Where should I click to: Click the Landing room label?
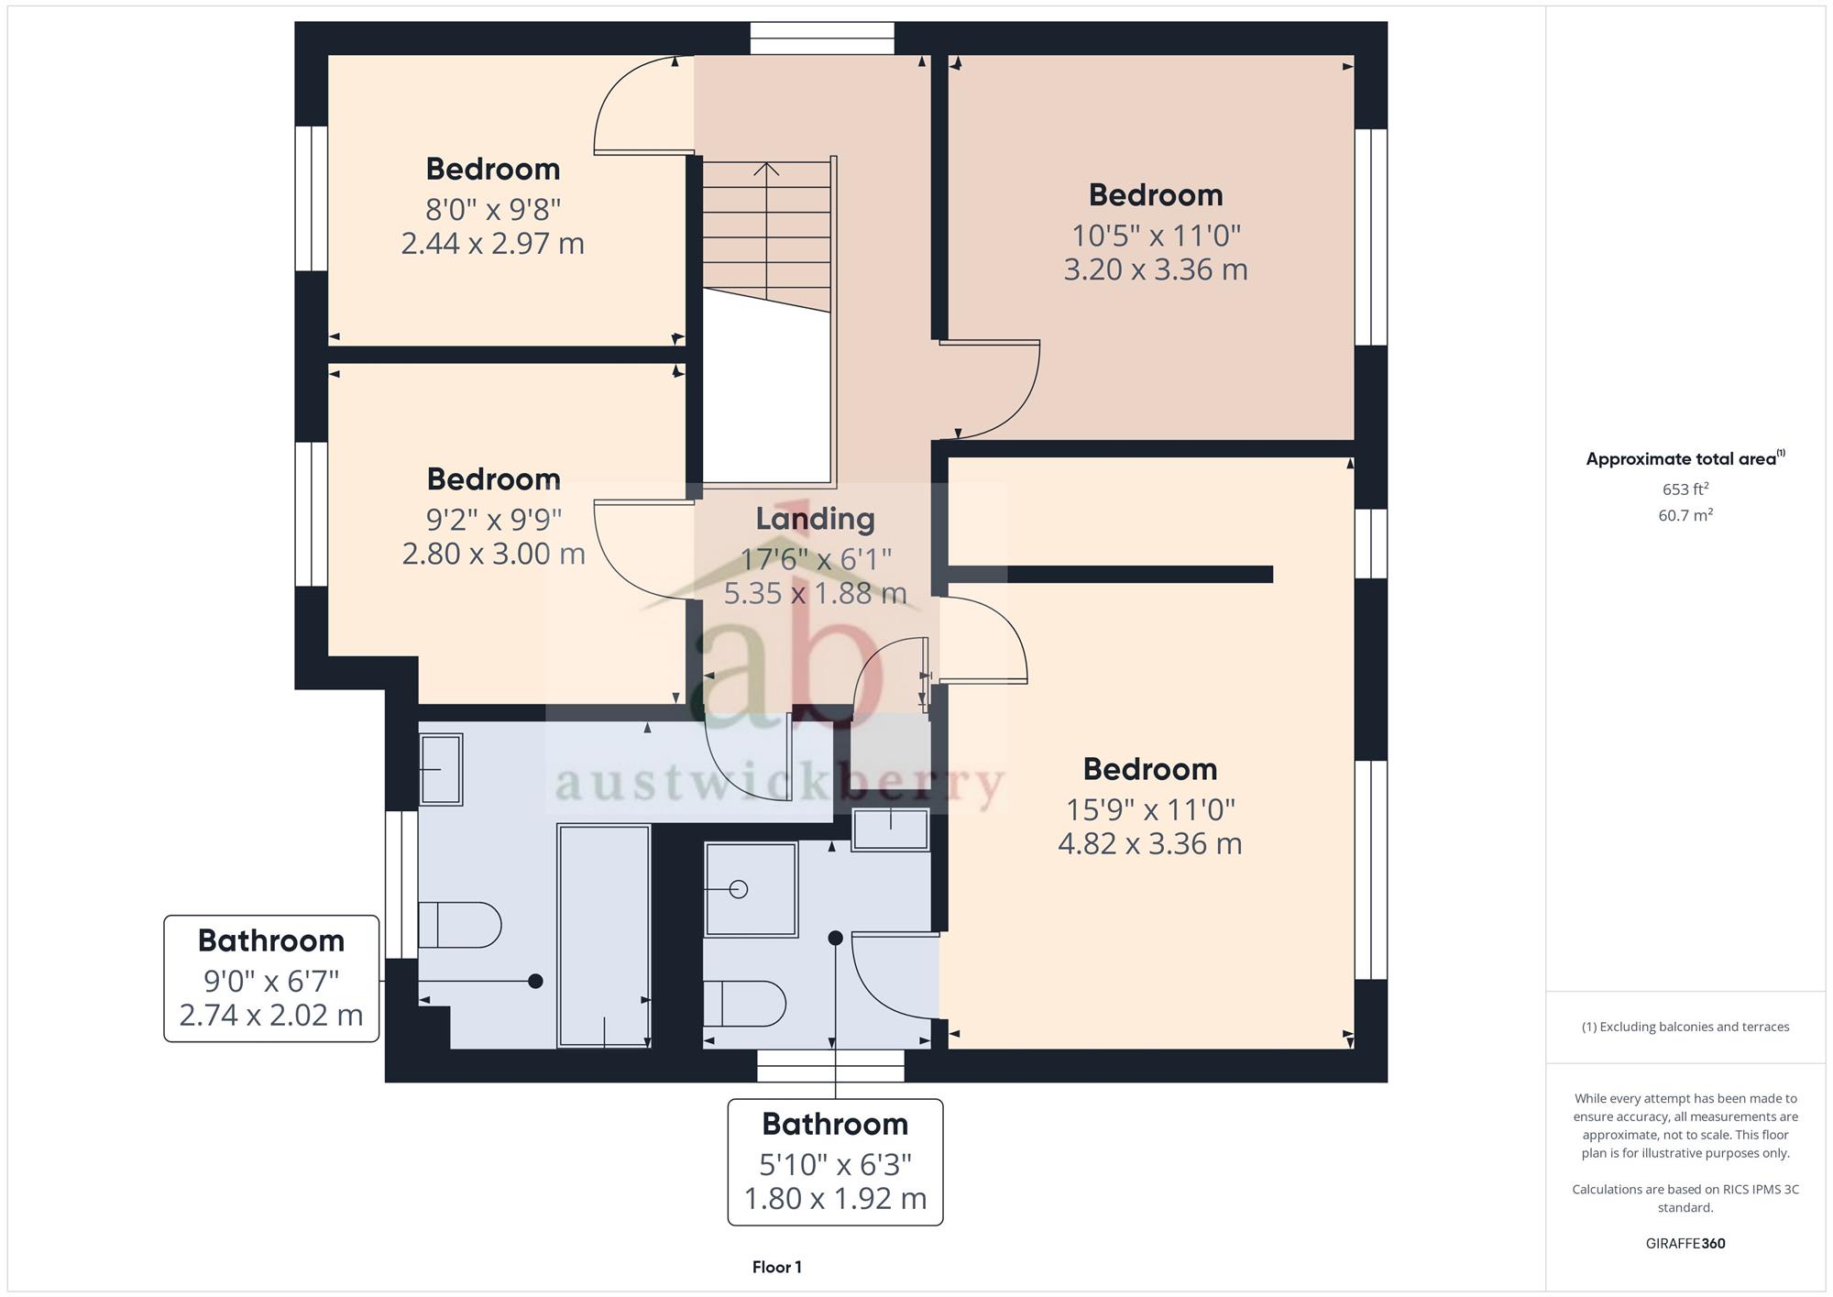tap(815, 519)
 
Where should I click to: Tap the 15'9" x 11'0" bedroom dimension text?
tap(1150, 809)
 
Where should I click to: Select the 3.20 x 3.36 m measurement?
tap(1156, 269)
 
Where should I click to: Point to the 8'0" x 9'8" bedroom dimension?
tap(493, 210)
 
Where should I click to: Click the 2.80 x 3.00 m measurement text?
tap(494, 554)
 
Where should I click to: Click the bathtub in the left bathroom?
tap(604, 936)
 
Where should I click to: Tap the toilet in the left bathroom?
tap(460, 925)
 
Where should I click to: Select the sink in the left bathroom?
tap(441, 769)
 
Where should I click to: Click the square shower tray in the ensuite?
tap(751, 889)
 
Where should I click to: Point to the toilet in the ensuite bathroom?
tap(745, 1004)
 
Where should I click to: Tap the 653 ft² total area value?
tap(1685, 489)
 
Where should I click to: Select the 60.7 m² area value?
tap(1685, 515)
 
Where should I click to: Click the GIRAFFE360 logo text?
tap(1685, 1244)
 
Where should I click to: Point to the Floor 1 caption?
tap(777, 1268)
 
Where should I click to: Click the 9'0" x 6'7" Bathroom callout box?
tap(271, 978)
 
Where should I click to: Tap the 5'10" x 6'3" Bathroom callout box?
tap(835, 1162)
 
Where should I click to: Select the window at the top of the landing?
tap(822, 38)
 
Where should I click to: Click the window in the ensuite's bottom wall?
tap(830, 1066)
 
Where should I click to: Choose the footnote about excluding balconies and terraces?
tap(1685, 1027)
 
